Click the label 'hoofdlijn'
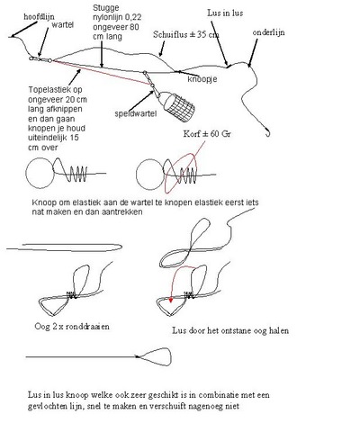39,17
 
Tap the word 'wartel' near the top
62,24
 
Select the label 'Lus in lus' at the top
225,13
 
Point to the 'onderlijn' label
268,32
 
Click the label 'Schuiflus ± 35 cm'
186,34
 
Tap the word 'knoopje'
202,79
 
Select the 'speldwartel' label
136,113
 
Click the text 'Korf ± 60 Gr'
207,134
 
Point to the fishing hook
268,132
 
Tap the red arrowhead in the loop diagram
171,300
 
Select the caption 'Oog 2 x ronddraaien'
72,327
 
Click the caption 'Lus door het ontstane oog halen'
230,330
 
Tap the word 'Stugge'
105,8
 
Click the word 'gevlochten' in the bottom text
44,406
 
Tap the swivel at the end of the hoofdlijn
40,59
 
